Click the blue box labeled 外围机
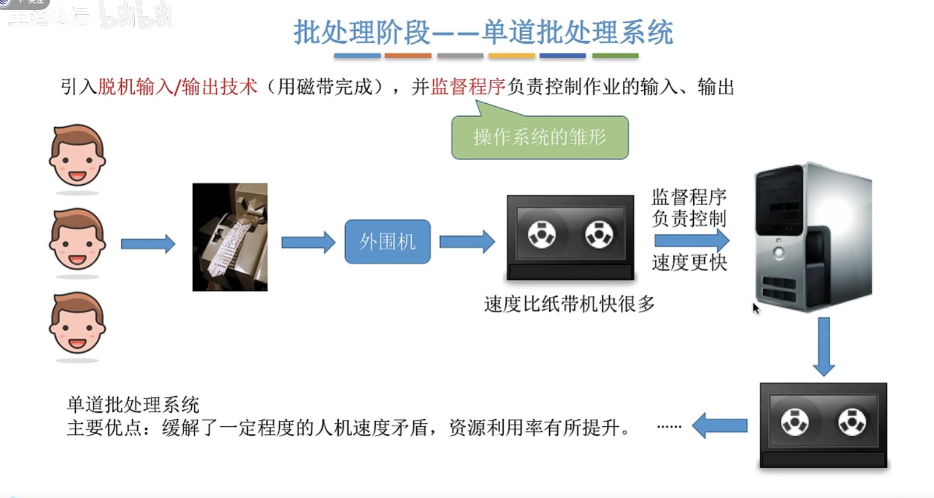387,241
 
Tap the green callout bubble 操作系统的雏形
540,138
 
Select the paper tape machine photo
230,237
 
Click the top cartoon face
77,156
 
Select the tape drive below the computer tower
823,425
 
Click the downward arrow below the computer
823,346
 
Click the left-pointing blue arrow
720,426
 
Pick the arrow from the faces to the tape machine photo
148,243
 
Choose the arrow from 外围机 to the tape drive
467,241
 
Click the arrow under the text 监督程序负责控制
691,240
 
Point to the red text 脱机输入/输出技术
177,87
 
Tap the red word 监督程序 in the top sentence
468,87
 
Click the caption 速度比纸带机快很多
569,304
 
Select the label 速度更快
689,263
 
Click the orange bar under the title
408,56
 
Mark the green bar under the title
615,56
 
